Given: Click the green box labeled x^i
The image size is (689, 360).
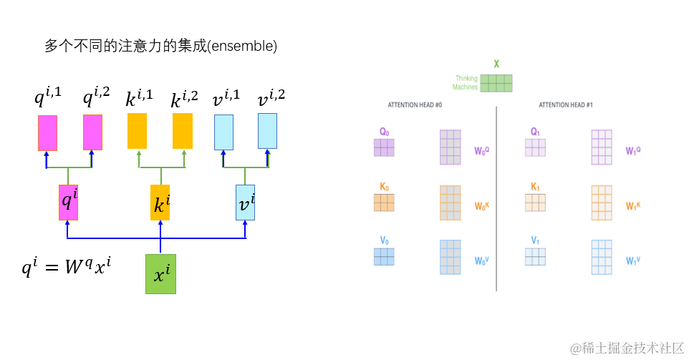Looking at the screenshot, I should click(160, 273).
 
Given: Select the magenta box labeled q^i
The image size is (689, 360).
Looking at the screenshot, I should click(68, 202).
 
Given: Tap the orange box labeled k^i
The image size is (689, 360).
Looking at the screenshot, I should click(160, 202).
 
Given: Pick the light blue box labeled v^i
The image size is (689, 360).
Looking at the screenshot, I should click(245, 202).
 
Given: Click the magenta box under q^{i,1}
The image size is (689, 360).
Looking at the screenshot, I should click(47, 132).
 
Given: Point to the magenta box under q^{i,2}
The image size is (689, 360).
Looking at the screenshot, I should click(92, 132).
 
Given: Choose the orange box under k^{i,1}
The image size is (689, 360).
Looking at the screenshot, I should click(137, 131).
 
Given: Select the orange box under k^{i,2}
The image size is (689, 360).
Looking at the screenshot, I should click(183, 131).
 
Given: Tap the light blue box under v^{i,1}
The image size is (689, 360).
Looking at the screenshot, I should click(223, 132).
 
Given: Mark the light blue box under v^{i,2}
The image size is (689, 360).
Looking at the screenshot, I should click(267, 131).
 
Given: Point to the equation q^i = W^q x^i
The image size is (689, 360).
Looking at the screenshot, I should click(66, 268).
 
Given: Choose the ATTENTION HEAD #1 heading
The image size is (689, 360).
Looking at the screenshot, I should click(566, 105).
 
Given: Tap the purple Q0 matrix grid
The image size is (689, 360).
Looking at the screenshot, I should click(384, 147).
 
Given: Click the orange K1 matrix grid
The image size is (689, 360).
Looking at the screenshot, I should click(535, 203).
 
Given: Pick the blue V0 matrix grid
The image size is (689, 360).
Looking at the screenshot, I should click(384, 256).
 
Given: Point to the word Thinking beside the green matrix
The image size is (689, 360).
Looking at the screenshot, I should click(466, 78).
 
